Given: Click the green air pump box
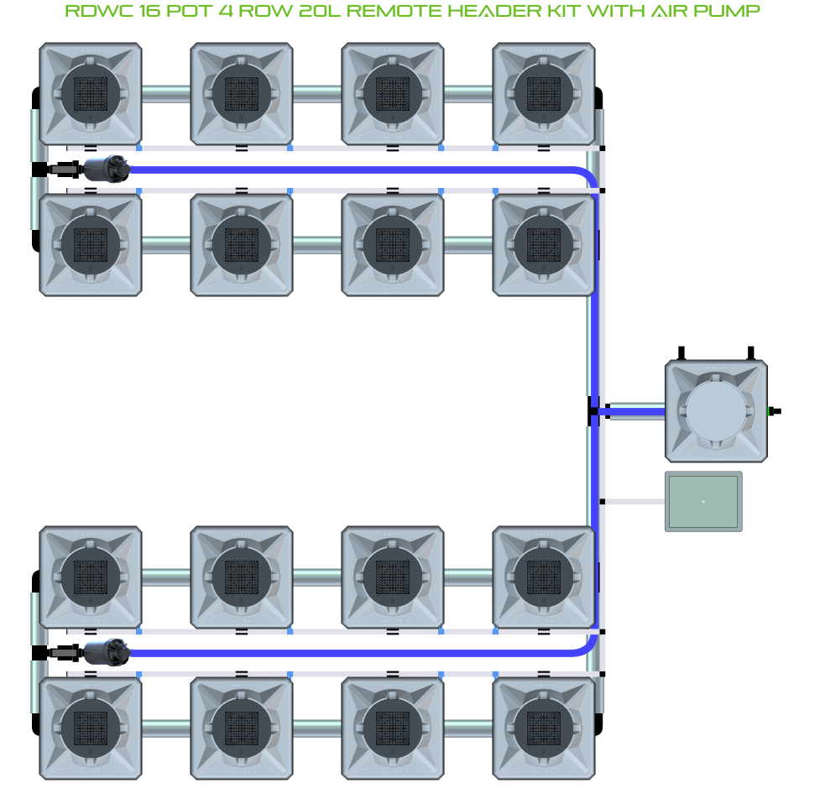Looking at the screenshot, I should point(703,501).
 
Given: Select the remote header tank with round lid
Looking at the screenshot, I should point(716,411).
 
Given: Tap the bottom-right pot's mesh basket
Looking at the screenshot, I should point(544,728).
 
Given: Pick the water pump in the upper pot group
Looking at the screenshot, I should point(105,170).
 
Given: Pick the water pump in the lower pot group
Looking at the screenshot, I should point(105,652).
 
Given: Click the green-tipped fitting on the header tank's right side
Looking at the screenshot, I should point(773,411).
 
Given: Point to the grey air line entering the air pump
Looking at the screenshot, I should point(634,502).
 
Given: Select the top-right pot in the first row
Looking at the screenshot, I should point(544,93).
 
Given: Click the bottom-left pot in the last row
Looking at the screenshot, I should point(91,728).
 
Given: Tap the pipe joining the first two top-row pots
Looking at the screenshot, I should point(166,93).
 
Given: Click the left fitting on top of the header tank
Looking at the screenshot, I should point(682,352).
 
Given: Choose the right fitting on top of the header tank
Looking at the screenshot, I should point(751,352).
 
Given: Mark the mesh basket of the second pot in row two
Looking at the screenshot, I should point(242,244).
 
